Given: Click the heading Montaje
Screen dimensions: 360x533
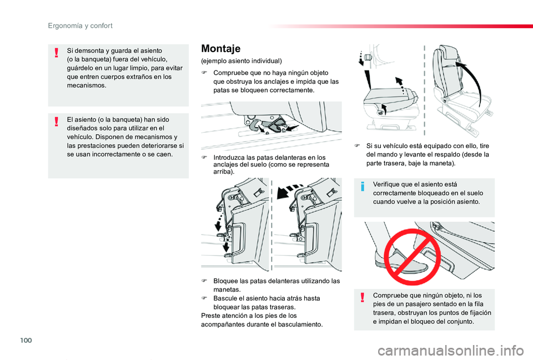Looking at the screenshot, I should point(220,48).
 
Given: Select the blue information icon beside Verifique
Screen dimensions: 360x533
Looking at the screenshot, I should point(362,187).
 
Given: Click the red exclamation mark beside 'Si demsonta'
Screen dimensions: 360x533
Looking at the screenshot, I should point(57,53).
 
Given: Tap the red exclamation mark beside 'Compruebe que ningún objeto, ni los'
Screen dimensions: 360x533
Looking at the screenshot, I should point(362,298).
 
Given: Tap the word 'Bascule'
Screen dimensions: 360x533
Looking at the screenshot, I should point(226,298).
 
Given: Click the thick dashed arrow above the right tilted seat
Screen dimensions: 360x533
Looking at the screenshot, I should point(291,190).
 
